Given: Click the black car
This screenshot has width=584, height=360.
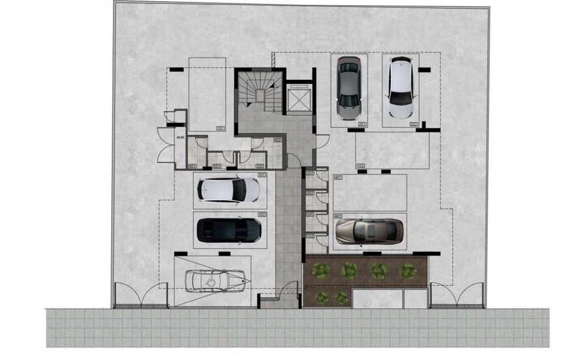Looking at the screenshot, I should [229, 230].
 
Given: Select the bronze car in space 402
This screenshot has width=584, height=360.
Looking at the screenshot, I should [369, 231].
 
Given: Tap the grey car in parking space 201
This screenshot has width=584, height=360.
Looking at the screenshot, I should [348, 88].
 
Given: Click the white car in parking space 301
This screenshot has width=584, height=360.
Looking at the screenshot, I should [228, 189].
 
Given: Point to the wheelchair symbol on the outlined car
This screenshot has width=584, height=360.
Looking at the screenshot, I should [210, 281].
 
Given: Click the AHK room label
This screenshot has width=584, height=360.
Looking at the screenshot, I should [180, 138].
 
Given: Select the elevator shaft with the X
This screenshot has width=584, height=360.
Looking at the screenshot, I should [298, 100].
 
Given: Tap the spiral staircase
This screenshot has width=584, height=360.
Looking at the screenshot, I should [259, 91].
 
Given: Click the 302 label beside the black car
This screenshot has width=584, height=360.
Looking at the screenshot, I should [262, 215].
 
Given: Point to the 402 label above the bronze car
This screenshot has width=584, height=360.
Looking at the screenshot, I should [338, 216].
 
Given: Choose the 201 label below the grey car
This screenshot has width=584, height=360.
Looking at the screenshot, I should [362, 124].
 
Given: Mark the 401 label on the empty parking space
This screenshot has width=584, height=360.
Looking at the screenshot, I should [338, 178].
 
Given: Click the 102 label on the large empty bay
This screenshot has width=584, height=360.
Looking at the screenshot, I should [360, 166].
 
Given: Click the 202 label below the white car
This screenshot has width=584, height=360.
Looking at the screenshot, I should [413, 124].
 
